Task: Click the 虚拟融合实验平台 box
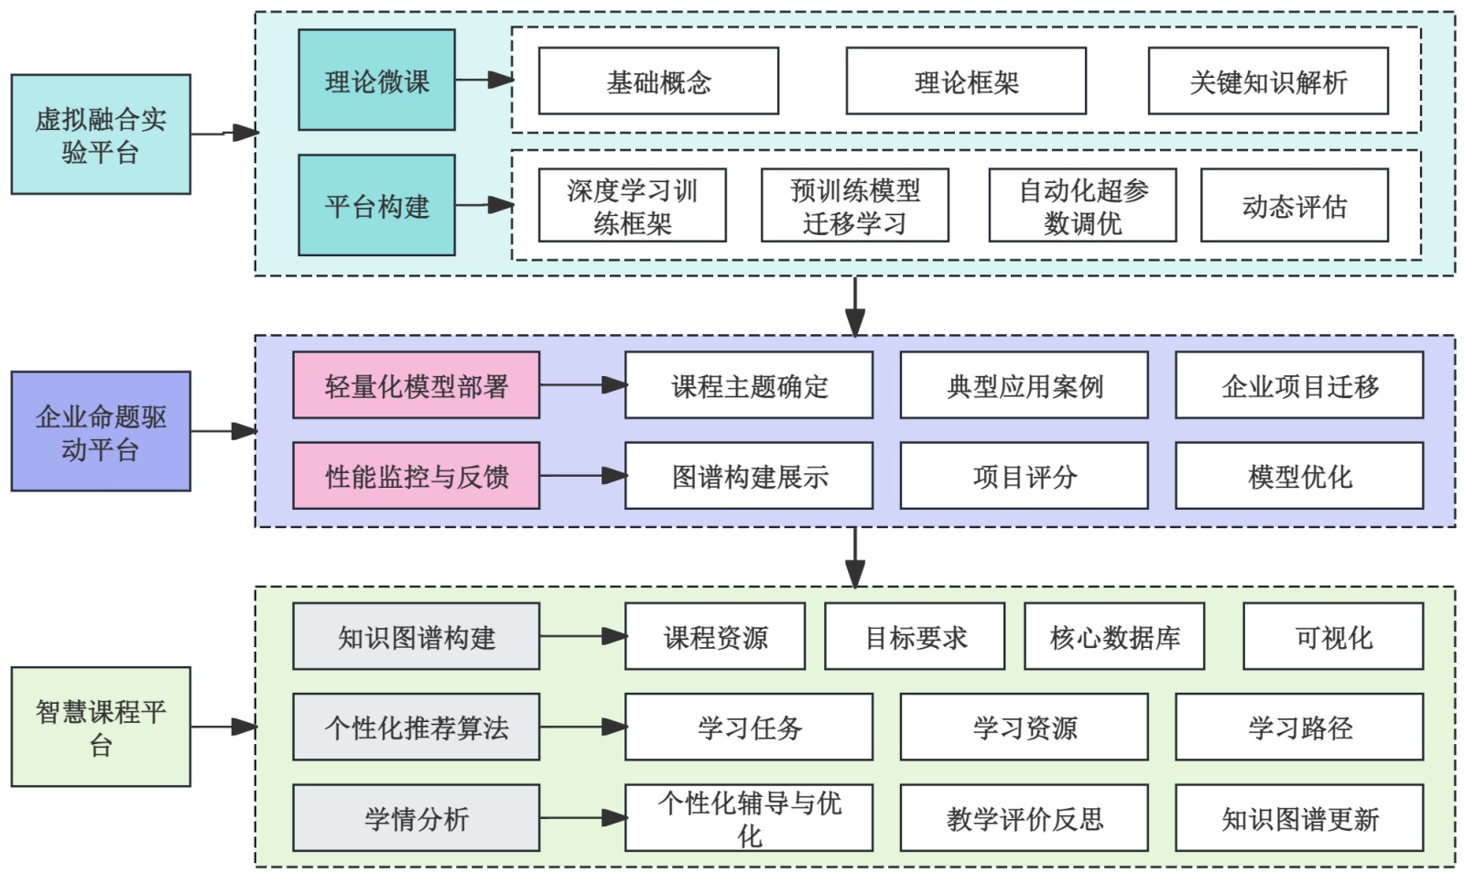(101, 135)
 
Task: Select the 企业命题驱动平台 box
(101, 431)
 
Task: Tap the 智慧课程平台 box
(101, 727)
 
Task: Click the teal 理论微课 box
(376, 81)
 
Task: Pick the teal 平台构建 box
(376, 205)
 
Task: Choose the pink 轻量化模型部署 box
(416, 385)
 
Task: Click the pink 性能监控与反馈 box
(416, 476)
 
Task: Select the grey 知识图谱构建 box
(416, 636)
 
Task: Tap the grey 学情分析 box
(416, 817)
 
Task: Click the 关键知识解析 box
(1268, 81)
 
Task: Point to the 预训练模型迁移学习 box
(854, 205)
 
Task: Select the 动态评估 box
(1294, 205)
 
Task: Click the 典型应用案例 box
(1024, 385)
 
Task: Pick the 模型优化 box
(1299, 476)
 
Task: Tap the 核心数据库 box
(1114, 636)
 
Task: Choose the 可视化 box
(1333, 636)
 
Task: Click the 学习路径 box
(1299, 727)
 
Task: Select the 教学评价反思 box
(1024, 817)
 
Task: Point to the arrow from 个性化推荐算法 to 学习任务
(582, 727)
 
